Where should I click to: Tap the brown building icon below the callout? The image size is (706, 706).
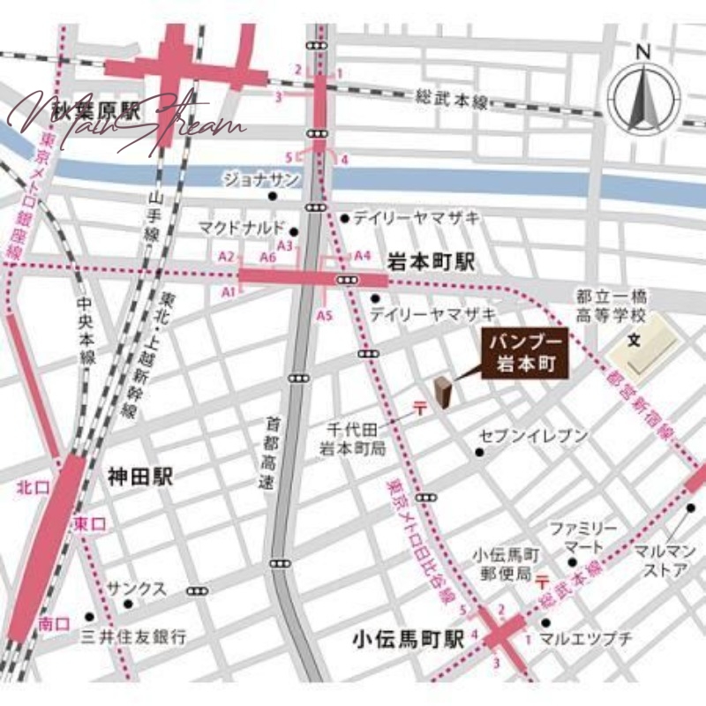pyautogui.click(x=443, y=392)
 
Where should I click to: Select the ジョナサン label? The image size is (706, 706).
pyautogui.click(x=260, y=179)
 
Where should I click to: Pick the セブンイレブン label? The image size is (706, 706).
pyautogui.click(x=533, y=435)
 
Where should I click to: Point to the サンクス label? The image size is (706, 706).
pyautogui.click(x=137, y=589)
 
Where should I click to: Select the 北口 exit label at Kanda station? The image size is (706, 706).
pyautogui.click(x=30, y=487)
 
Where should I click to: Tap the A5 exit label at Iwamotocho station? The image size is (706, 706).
pyautogui.click(x=325, y=315)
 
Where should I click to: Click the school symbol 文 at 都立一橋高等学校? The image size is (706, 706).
pyautogui.click(x=633, y=340)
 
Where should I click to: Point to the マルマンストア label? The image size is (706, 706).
pyautogui.click(x=667, y=560)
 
